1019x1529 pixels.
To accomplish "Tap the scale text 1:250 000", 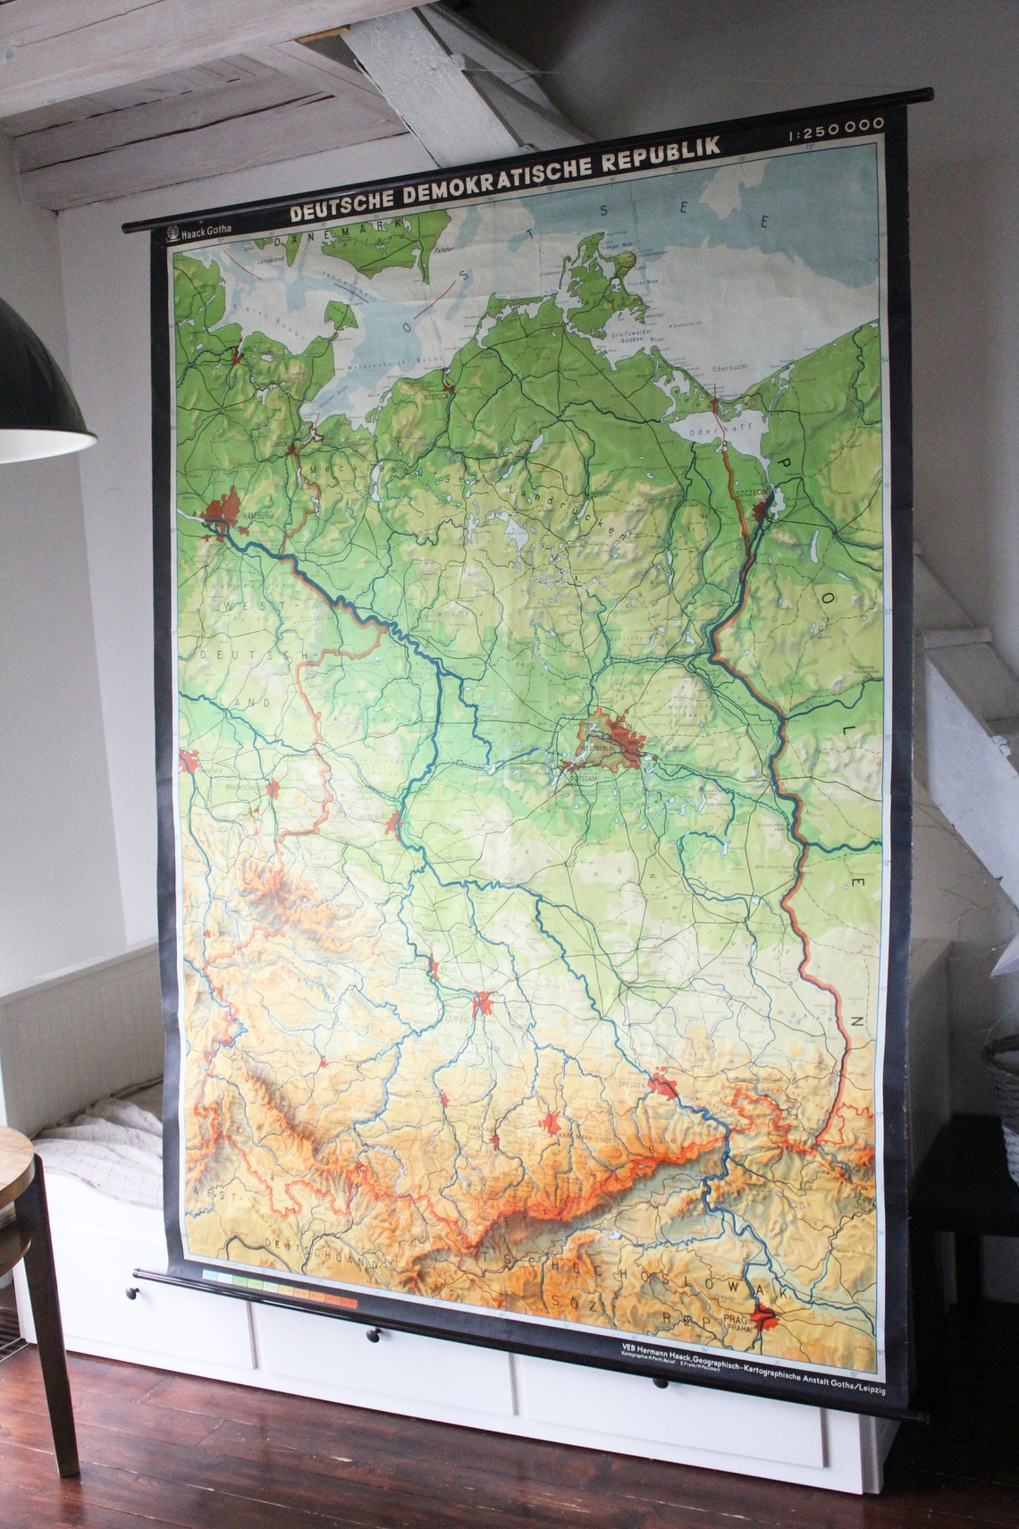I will point(836,128).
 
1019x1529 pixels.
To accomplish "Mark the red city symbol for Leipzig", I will point(484,1001).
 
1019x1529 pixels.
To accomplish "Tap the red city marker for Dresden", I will point(664,1085).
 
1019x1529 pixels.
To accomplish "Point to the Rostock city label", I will point(437,396).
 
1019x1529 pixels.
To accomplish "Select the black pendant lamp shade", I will point(36,393).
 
